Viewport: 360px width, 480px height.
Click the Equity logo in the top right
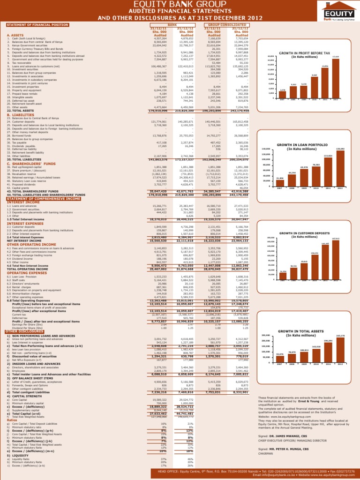[x=338, y=13]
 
